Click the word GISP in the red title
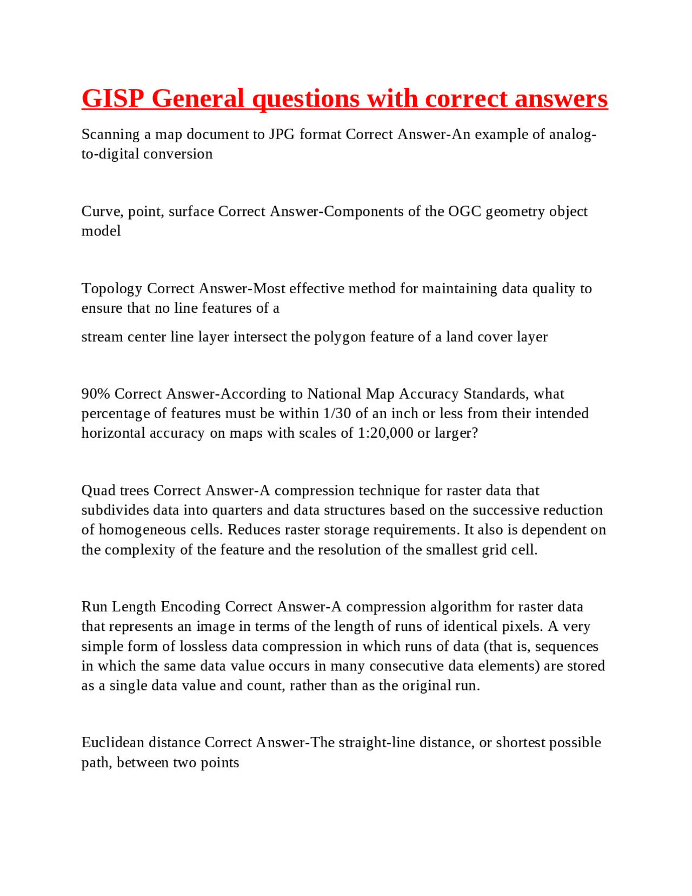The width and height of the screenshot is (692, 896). coord(113,99)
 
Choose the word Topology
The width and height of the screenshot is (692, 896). coord(111,289)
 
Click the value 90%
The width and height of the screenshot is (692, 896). coord(96,394)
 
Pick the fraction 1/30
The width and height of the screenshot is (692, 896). coord(337,413)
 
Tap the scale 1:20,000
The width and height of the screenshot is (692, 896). coord(385,433)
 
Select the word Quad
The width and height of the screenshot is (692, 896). coord(98,491)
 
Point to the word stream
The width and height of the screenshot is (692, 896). coord(102,337)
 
